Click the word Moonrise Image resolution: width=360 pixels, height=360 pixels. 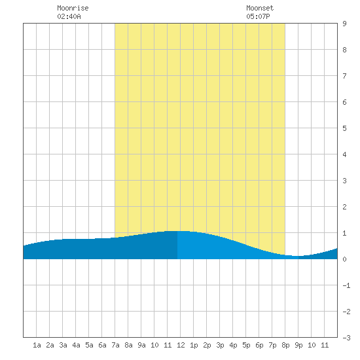pyautogui.click(x=73, y=8)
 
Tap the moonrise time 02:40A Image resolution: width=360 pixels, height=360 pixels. pyautogui.click(x=69, y=16)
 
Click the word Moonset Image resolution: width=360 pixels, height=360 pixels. pyautogui.click(x=260, y=8)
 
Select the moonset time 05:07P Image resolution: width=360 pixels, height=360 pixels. pyautogui.click(x=258, y=16)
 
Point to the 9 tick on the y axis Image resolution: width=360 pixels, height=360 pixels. pyautogui.click(x=344, y=24)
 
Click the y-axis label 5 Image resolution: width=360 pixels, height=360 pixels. pyautogui.click(x=344, y=128)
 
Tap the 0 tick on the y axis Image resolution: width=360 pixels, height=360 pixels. pyautogui.click(x=344, y=259)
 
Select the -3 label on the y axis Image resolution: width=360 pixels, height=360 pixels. pyautogui.click(x=346, y=338)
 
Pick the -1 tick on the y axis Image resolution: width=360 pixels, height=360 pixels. pyautogui.click(x=346, y=285)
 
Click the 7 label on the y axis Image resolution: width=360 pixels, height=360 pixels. pyautogui.click(x=344, y=76)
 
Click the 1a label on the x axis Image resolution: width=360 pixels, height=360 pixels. pyautogui.click(x=37, y=345)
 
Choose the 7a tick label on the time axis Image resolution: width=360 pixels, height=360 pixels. pyautogui.click(x=115, y=345)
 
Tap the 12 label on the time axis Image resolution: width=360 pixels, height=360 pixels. pyautogui.click(x=181, y=345)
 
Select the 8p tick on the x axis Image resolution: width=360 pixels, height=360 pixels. pyautogui.click(x=285, y=345)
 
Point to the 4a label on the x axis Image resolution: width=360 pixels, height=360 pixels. pyautogui.click(x=76, y=345)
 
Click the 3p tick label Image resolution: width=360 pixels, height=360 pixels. pyautogui.click(x=220, y=345)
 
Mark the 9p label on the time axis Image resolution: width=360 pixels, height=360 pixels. pyautogui.click(x=298, y=345)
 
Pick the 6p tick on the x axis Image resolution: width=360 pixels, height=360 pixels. pyautogui.click(x=259, y=345)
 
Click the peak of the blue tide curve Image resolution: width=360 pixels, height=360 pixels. pyautogui.click(x=178, y=231)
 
